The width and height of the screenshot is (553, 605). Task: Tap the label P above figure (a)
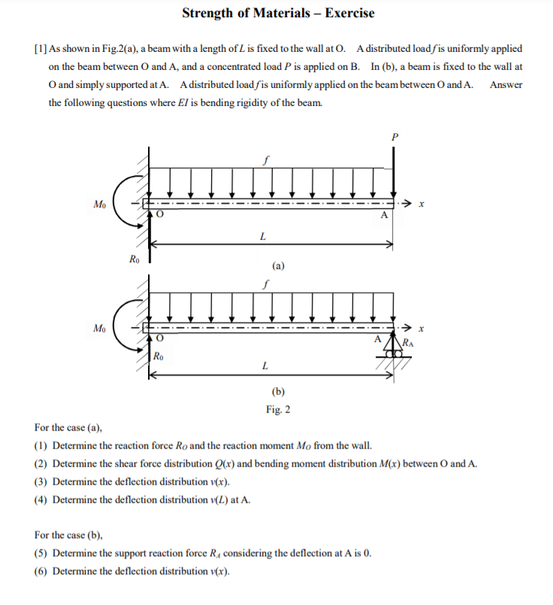click(x=394, y=137)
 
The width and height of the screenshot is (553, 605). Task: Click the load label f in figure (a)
click(x=265, y=160)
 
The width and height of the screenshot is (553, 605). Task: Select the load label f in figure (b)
click(x=265, y=285)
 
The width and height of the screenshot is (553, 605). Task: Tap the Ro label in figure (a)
click(x=133, y=260)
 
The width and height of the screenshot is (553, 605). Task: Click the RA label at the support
click(x=407, y=343)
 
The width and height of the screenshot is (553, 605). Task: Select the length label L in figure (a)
click(x=261, y=236)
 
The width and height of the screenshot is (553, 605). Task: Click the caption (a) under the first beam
click(x=278, y=265)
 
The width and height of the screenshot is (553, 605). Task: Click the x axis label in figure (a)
click(x=423, y=204)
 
